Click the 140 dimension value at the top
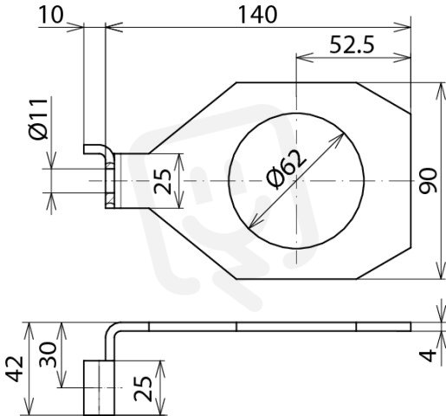pyautogui.click(x=257, y=15)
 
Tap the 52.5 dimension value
pyautogui.click(x=352, y=45)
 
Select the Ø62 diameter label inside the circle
pyautogui.click(x=286, y=170)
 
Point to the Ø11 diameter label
pyautogui.click(x=39, y=119)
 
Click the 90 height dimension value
pyautogui.click(x=428, y=180)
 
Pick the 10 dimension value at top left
pyautogui.click(x=50, y=15)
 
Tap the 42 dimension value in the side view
pyautogui.click(x=15, y=369)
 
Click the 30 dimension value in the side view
pyautogui.click(x=48, y=354)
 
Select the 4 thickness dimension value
pyautogui.click(x=429, y=355)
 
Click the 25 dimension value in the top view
pyautogui.click(x=163, y=181)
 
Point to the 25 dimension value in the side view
pyautogui.click(x=143, y=388)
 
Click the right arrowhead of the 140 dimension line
pyautogui.click(x=403, y=28)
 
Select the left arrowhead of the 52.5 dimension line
pyautogui.click(x=305, y=57)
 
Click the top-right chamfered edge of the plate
pyautogui.click(x=384, y=98)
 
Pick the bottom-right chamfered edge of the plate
pyautogui.click(x=384, y=263)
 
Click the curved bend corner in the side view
pyautogui.click(x=111, y=330)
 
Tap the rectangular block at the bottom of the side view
pyautogui.click(x=99, y=388)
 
